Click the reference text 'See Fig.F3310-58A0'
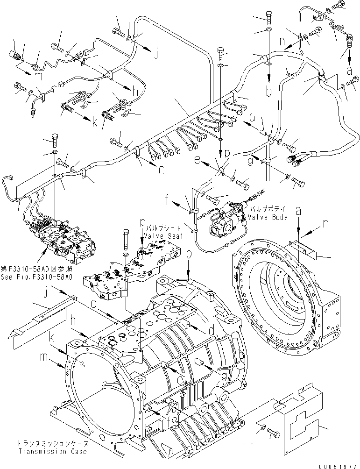[36, 277]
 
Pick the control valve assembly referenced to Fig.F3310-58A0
[65, 236]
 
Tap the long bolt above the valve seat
[126, 239]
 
